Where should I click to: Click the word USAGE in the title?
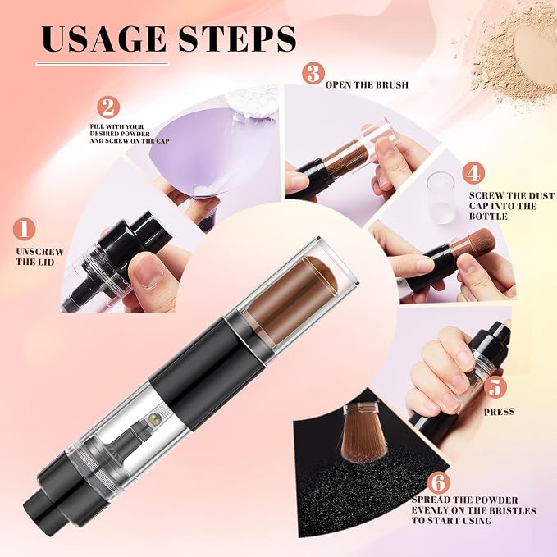point(103,39)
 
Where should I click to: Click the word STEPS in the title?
point(237,39)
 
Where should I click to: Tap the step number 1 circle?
point(24,230)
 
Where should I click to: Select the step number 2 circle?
point(108,107)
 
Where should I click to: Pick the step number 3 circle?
point(313,73)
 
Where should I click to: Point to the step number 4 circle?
point(473,173)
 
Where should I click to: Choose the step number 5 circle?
point(495,387)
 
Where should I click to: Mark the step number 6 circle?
point(438,482)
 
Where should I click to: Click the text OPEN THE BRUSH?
point(367,84)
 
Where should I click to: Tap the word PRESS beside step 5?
point(499,412)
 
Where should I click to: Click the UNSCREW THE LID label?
point(39,257)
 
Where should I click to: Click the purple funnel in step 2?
point(199,153)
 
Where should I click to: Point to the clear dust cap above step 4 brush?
point(441,197)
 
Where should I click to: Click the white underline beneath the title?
point(103,64)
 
